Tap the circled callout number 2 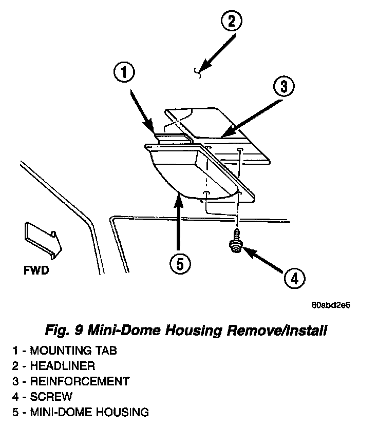(231, 22)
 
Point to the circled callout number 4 (293, 279)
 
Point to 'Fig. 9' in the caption (62, 330)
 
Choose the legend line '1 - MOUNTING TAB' (65, 351)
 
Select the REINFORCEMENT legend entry (71, 381)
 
